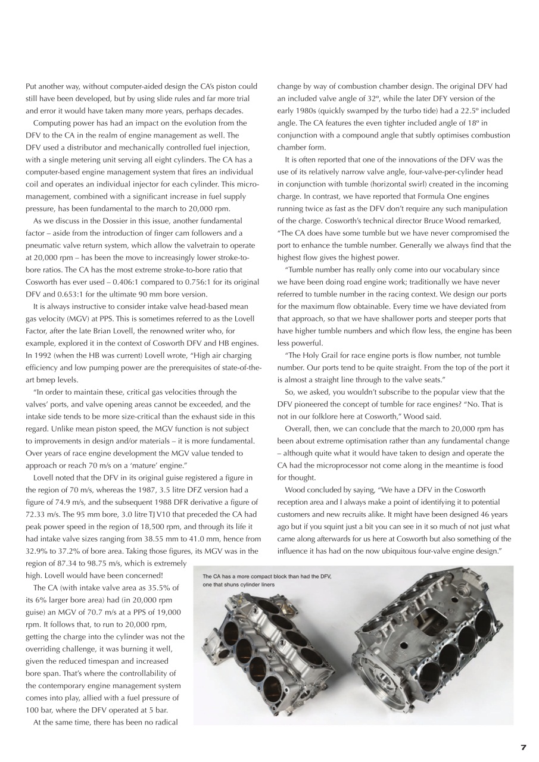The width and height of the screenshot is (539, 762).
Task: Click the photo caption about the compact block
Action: tap(266, 580)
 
